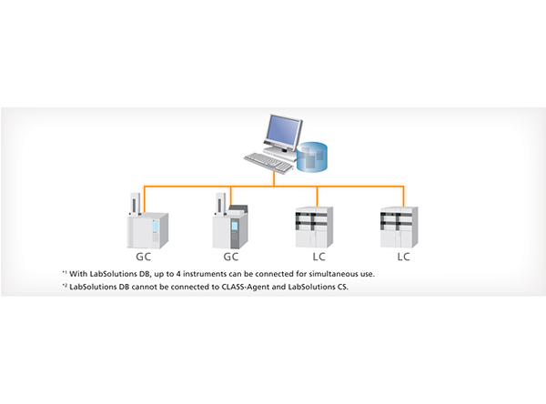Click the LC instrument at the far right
coord(401,227)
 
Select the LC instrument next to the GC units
coord(314,227)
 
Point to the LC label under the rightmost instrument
coord(401,258)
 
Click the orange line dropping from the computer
coord(274,179)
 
